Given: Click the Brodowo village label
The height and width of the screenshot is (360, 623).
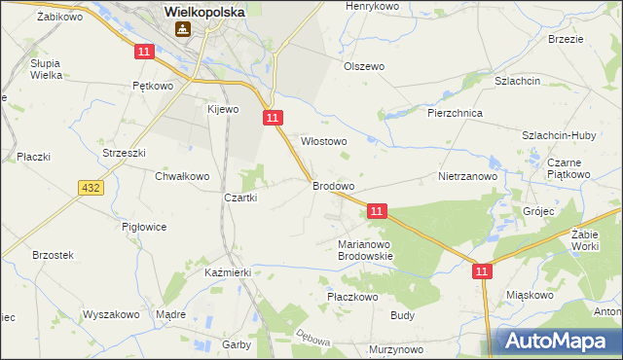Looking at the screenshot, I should click(333, 185).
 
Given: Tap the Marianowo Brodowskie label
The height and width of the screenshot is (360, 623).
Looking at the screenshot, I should click(364, 250).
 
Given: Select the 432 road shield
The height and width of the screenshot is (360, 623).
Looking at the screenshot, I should click(92, 186).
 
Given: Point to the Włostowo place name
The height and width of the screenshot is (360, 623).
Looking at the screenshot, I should click(324, 141).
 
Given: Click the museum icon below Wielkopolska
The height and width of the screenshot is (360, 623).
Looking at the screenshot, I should click(182, 30).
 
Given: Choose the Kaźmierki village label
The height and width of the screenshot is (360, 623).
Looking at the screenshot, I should click(229, 273).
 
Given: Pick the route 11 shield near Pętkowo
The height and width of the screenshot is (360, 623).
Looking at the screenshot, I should click(144, 52).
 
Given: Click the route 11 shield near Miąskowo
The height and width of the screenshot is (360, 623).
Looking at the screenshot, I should click(483, 273).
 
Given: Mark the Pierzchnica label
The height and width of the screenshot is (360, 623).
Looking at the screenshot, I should click(456, 113).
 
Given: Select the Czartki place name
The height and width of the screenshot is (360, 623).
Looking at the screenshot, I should click(240, 198).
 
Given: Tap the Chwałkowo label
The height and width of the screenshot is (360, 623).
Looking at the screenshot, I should click(182, 176).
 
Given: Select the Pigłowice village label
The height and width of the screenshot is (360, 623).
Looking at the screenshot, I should click(144, 226).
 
